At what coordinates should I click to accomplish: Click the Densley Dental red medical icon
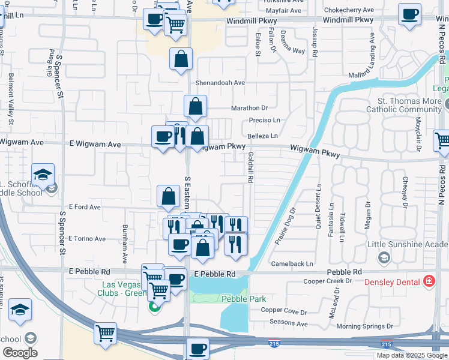click(429, 281)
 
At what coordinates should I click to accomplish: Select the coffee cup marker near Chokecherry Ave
click(410, 14)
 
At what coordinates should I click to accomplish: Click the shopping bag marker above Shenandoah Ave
click(181, 59)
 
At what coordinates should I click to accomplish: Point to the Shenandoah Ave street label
click(220, 83)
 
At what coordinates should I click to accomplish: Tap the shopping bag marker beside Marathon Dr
click(196, 107)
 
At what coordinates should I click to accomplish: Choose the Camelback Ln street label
click(292, 263)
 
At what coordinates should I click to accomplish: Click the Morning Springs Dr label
click(359, 326)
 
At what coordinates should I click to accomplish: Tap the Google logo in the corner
click(20, 352)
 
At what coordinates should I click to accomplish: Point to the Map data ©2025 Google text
click(412, 355)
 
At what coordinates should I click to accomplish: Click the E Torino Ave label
click(88, 239)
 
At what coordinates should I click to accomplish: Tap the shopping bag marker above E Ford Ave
click(169, 196)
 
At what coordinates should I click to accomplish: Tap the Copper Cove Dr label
click(284, 312)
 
